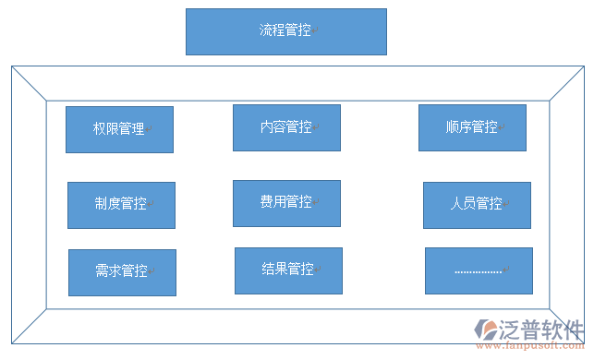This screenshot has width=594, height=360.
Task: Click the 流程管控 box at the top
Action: tap(285, 31)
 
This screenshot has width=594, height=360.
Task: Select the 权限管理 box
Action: tap(119, 129)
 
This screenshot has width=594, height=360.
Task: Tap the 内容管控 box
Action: tap(286, 127)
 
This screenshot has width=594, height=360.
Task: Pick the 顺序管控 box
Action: tap(472, 127)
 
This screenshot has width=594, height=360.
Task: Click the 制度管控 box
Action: tap(121, 204)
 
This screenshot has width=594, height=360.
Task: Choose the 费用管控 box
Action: tap(286, 202)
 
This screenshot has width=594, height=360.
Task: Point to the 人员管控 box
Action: tap(477, 204)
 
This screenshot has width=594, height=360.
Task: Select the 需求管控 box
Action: tap(122, 271)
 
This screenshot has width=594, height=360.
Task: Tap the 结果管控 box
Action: tap(288, 270)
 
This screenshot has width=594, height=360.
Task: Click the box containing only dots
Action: tap(479, 270)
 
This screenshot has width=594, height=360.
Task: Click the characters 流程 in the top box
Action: tap(273, 30)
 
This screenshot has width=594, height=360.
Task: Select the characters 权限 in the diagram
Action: tap(106, 129)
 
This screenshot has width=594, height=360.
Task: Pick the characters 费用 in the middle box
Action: tap(273, 202)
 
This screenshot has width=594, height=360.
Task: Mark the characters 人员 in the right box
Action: tap(464, 204)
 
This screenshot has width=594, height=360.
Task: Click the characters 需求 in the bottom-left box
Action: tap(109, 271)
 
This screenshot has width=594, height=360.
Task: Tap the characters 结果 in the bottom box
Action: tap(275, 270)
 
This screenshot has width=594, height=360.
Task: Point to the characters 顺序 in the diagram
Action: tap(458, 127)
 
